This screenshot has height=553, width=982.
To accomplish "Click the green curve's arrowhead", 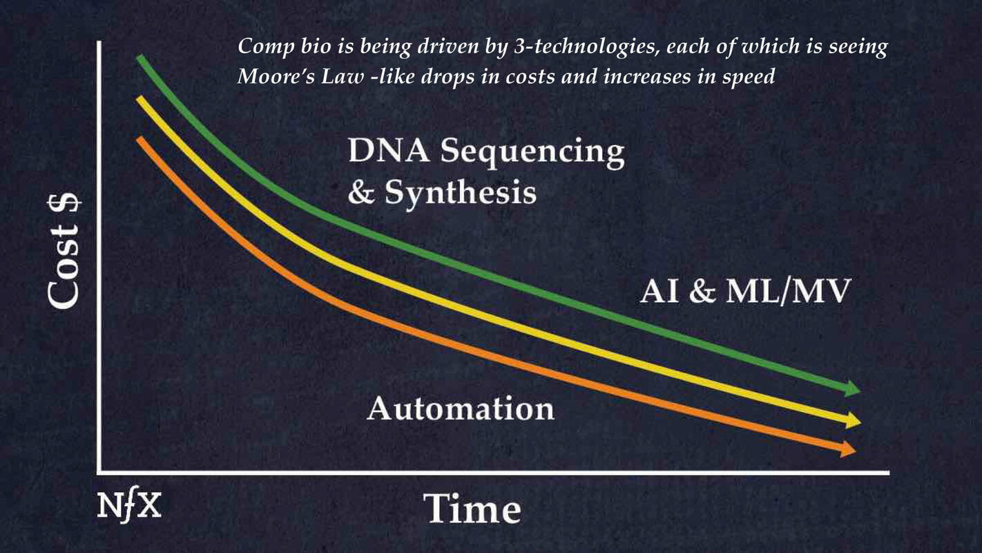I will (852, 388).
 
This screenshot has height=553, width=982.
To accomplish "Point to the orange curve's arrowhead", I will (847, 449).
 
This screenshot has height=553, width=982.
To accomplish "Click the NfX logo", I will (128, 506).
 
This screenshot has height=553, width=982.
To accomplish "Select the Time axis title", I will (472, 509).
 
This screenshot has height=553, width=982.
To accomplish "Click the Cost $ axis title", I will (64, 252).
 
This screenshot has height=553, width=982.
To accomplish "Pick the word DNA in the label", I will (389, 151).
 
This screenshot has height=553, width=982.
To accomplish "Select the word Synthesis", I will (461, 193).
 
